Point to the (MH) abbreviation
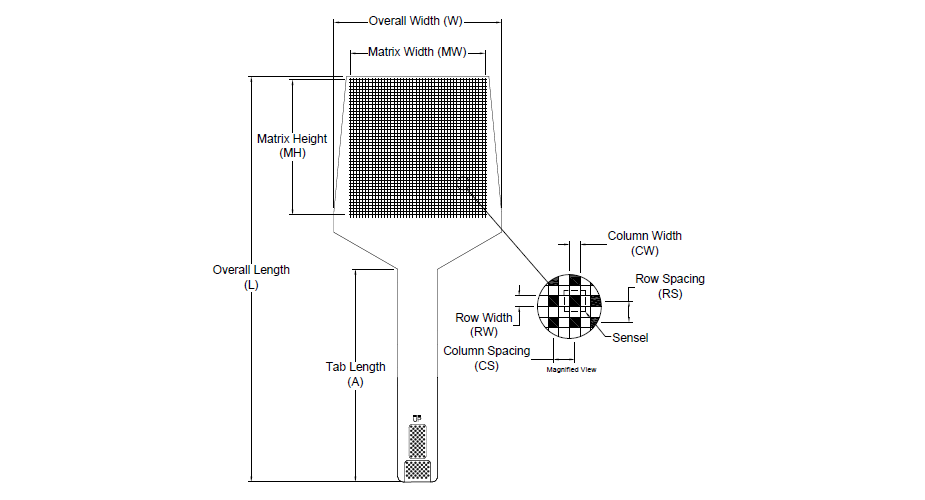[x=292, y=153]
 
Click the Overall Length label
[x=251, y=270]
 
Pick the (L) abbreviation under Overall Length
[x=251, y=285]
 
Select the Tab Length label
[x=355, y=367]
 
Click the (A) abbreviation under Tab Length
[x=355, y=382]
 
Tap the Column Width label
[x=645, y=236]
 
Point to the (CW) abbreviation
[x=645, y=251]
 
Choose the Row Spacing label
[x=670, y=279]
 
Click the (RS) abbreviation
[x=670, y=294]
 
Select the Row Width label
[x=484, y=318]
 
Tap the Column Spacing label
[x=489, y=351]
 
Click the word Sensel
[x=630, y=338]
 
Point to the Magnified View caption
[x=571, y=370]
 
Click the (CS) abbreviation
[x=487, y=366]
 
